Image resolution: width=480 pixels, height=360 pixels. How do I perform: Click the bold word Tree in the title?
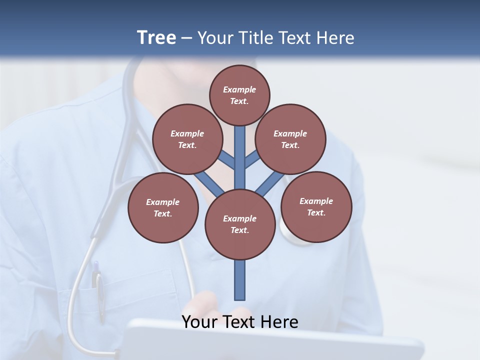pos(156,38)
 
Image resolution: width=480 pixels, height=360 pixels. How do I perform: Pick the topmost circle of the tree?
pos(239,95)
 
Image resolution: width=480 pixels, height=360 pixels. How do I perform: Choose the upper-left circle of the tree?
pos(187,139)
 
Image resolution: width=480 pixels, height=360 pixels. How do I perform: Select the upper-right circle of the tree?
pos(290,139)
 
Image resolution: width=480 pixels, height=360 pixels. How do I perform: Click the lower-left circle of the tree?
pos(163,207)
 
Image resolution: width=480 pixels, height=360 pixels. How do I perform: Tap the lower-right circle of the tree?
pos(316,206)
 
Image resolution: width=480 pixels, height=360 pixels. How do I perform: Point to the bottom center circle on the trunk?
pos(240,224)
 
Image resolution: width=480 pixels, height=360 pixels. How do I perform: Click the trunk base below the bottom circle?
pos(240,280)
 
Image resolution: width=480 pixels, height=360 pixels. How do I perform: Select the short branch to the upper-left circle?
pos(226,160)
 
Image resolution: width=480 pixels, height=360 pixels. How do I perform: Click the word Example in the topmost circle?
pos(239,89)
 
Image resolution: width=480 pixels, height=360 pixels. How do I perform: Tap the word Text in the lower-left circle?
pos(162,213)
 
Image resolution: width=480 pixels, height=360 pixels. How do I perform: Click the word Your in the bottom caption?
pos(196,322)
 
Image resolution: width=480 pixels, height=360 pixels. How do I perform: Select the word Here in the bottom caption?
pos(281,322)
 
